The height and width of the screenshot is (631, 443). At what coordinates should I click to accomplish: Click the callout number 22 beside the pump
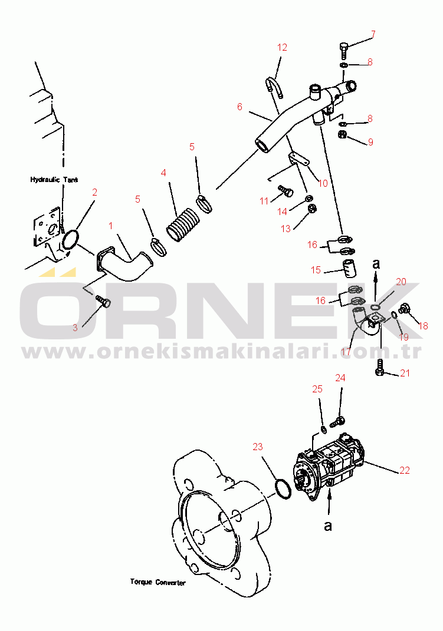pyautogui.click(x=404, y=470)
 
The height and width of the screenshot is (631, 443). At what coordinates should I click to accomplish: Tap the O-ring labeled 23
pyautogui.click(x=283, y=488)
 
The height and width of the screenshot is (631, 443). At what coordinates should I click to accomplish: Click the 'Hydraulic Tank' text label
pyautogui.click(x=54, y=180)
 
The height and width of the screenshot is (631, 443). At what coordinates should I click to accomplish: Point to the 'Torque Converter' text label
pyautogui.click(x=157, y=582)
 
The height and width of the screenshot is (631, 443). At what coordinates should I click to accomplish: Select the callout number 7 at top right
pyautogui.click(x=373, y=33)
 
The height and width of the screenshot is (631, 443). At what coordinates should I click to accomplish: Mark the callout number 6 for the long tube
pyautogui.click(x=239, y=107)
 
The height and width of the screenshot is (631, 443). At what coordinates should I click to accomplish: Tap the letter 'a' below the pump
pyautogui.click(x=328, y=526)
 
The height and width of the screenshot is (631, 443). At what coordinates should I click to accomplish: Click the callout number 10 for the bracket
pyautogui.click(x=323, y=183)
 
